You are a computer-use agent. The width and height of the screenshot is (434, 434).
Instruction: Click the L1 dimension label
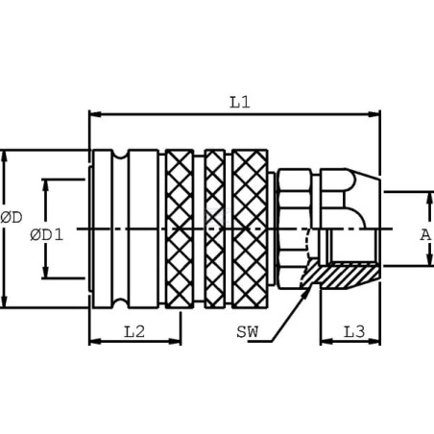(x=240, y=102)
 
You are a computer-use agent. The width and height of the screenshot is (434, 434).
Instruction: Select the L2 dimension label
(x=134, y=331)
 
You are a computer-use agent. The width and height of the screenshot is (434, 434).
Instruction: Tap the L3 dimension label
(x=354, y=332)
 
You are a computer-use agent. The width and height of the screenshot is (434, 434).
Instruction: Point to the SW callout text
(x=247, y=332)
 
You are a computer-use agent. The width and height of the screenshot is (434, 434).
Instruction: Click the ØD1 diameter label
(x=47, y=235)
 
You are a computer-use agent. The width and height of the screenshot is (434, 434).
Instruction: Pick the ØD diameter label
(x=12, y=218)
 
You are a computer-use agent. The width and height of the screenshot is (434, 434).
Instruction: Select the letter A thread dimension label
(x=425, y=235)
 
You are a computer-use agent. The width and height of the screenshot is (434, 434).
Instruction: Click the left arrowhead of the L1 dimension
(x=95, y=114)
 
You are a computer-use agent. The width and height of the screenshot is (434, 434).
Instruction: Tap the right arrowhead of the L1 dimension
(x=374, y=114)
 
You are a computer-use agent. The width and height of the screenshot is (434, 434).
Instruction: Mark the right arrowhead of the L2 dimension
(x=175, y=342)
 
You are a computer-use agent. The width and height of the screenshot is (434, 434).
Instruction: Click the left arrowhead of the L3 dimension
(x=326, y=342)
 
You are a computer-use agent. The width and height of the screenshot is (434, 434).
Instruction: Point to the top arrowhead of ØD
(x=4, y=157)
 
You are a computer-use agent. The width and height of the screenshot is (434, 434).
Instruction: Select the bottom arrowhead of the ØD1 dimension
(x=45, y=272)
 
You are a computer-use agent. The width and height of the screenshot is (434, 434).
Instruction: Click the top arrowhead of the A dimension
(x=429, y=199)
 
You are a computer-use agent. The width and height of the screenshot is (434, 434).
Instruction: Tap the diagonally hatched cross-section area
(x=340, y=275)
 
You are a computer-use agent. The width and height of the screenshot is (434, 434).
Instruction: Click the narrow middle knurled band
(x=215, y=229)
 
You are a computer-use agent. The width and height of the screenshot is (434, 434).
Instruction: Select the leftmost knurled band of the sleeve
(x=180, y=229)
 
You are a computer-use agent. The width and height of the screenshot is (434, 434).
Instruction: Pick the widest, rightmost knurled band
(x=250, y=229)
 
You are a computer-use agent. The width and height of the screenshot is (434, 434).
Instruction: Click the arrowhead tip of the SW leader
(x=312, y=283)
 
